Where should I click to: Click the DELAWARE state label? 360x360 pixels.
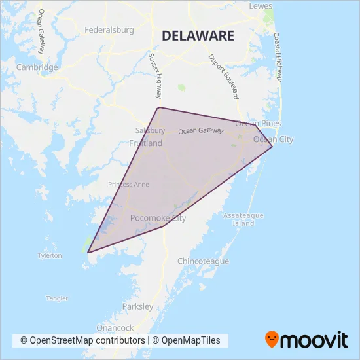[x=197, y=35]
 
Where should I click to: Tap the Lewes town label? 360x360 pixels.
[x=261, y=6]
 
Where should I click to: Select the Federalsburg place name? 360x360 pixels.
[x=109, y=29]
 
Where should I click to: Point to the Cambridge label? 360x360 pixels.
[x=38, y=67]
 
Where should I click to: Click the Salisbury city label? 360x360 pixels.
[x=150, y=130]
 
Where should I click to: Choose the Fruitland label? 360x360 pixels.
[x=146, y=143]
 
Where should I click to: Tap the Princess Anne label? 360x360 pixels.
[x=128, y=185]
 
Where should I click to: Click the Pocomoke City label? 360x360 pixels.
[x=158, y=218]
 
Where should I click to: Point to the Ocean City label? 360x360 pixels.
[x=273, y=139]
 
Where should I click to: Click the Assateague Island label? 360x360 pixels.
[x=243, y=219]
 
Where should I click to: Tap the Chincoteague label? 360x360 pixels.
[x=204, y=261]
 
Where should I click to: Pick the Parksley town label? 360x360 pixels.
[x=137, y=306]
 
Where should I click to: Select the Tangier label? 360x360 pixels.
[x=56, y=298]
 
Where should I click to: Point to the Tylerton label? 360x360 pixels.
[x=50, y=255]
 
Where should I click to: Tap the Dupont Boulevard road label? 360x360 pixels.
[x=222, y=76]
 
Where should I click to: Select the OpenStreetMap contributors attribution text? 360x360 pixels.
[x=82, y=340]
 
